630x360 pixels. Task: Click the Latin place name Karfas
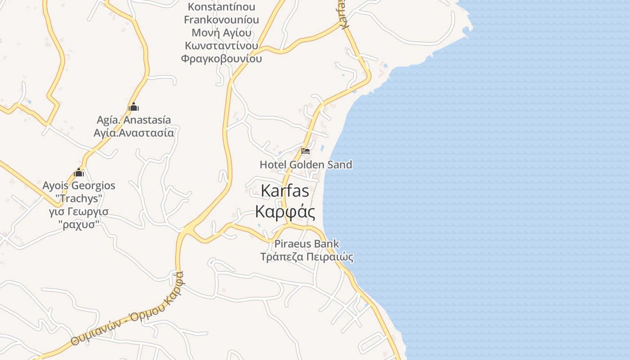(x=285, y=191)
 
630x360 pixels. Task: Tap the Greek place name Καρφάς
(x=285, y=211)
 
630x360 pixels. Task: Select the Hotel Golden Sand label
(x=306, y=165)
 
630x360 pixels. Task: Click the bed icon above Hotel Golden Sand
(x=306, y=151)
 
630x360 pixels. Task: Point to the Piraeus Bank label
(x=306, y=244)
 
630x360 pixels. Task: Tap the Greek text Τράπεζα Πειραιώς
(x=306, y=257)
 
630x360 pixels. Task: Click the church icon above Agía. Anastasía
(x=133, y=107)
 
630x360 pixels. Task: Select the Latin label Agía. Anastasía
(x=134, y=120)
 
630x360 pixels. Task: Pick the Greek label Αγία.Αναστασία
(x=134, y=133)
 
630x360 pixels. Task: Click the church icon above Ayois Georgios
(x=79, y=172)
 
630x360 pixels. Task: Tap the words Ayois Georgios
(x=79, y=185)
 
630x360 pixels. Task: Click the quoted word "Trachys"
(x=79, y=198)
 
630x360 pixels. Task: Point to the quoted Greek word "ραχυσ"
(x=79, y=224)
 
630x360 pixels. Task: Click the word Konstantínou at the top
(x=221, y=7)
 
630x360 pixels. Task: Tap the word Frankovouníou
(x=221, y=20)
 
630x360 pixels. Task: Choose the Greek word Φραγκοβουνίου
(x=221, y=58)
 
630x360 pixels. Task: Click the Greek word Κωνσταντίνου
(x=221, y=46)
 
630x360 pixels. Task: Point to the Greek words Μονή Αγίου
(x=221, y=33)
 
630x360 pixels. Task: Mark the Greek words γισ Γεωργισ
(x=79, y=211)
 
